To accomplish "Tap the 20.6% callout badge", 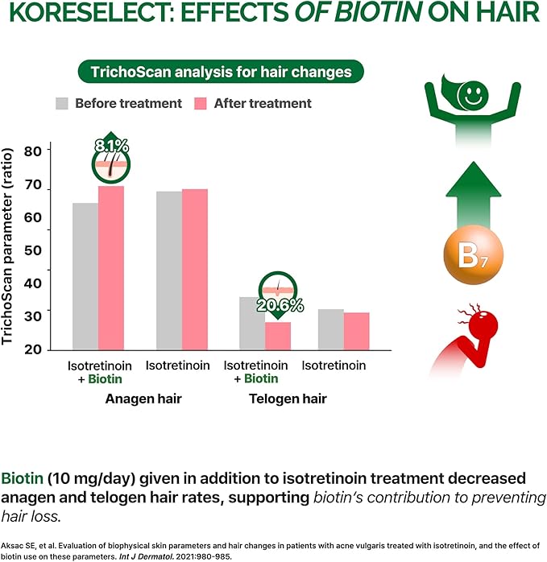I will tap(279, 295).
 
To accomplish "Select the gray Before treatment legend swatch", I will tap(62, 103).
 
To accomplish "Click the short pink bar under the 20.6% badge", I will tap(278, 336).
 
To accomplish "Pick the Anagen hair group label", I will tap(143, 399).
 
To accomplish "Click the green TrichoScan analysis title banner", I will tap(220, 72).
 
